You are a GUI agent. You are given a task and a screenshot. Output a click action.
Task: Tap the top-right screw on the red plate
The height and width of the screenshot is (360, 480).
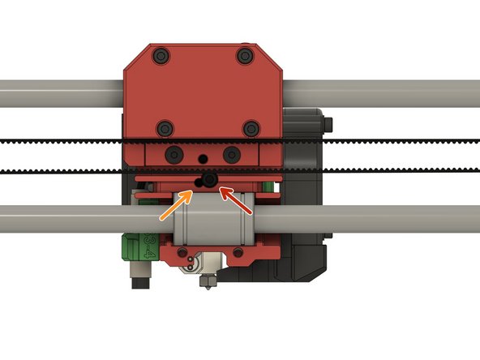[245, 56]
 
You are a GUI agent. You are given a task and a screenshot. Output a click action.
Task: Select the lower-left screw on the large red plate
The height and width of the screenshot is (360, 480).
[165, 127]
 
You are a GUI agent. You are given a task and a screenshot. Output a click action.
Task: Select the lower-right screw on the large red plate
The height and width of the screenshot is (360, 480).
[251, 127]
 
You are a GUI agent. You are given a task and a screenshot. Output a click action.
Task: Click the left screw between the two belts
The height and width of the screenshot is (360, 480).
[174, 154]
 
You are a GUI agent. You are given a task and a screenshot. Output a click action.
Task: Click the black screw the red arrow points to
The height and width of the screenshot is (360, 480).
[210, 181]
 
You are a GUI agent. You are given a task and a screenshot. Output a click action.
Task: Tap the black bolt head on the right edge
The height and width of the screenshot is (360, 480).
[328, 123]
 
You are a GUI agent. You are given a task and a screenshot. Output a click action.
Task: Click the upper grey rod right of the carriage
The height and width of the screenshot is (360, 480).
[381, 94]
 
